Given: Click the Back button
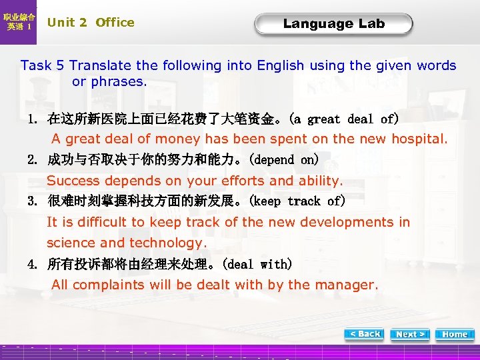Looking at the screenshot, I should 364,334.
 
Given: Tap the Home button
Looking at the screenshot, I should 455,334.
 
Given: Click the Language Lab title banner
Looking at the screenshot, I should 333,24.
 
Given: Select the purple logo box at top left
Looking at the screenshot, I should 19,22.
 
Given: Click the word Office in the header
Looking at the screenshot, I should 115,22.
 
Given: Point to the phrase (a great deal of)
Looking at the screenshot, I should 343,119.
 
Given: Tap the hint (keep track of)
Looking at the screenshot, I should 297,201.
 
